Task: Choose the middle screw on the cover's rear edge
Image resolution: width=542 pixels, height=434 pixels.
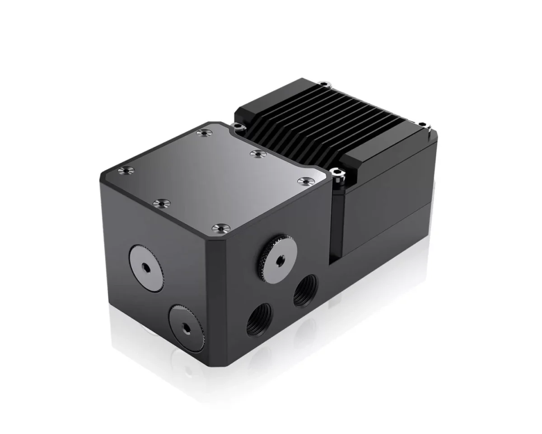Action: coord(257,153)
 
